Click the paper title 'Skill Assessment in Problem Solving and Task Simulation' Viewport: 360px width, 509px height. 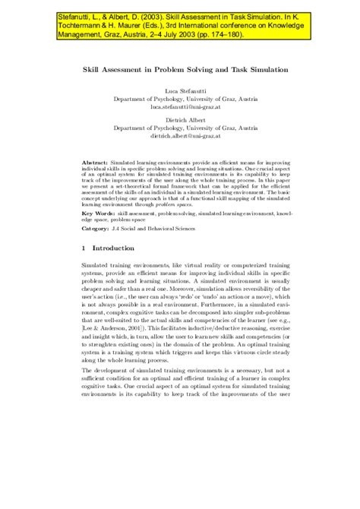click(x=179, y=68)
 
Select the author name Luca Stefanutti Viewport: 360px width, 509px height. click(x=179, y=91)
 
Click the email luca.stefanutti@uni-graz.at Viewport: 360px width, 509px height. click(x=179, y=107)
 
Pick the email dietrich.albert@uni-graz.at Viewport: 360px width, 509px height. click(x=179, y=136)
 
